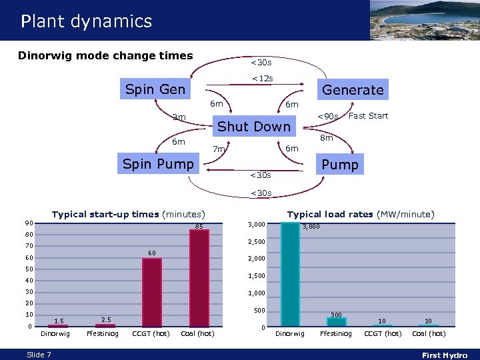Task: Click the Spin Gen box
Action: [x=155, y=89]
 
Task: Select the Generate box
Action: [x=353, y=89]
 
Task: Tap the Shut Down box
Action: [x=254, y=127]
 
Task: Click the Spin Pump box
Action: [x=159, y=164]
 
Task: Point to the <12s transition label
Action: [x=261, y=79]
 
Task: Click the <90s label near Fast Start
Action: [x=327, y=117]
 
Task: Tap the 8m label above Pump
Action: [x=326, y=138]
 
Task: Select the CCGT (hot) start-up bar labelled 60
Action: [x=151, y=292]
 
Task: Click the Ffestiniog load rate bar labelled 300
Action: [x=337, y=321]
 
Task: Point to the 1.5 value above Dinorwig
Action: [x=59, y=321]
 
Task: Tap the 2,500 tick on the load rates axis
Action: [x=257, y=241]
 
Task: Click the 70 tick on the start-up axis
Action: [x=29, y=246]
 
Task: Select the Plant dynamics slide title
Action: [x=86, y=21]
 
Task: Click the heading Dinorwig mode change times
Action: [x=105, y=56]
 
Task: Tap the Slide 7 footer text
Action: [x=39, y=355]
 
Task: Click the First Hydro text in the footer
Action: [x=445, y=355]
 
